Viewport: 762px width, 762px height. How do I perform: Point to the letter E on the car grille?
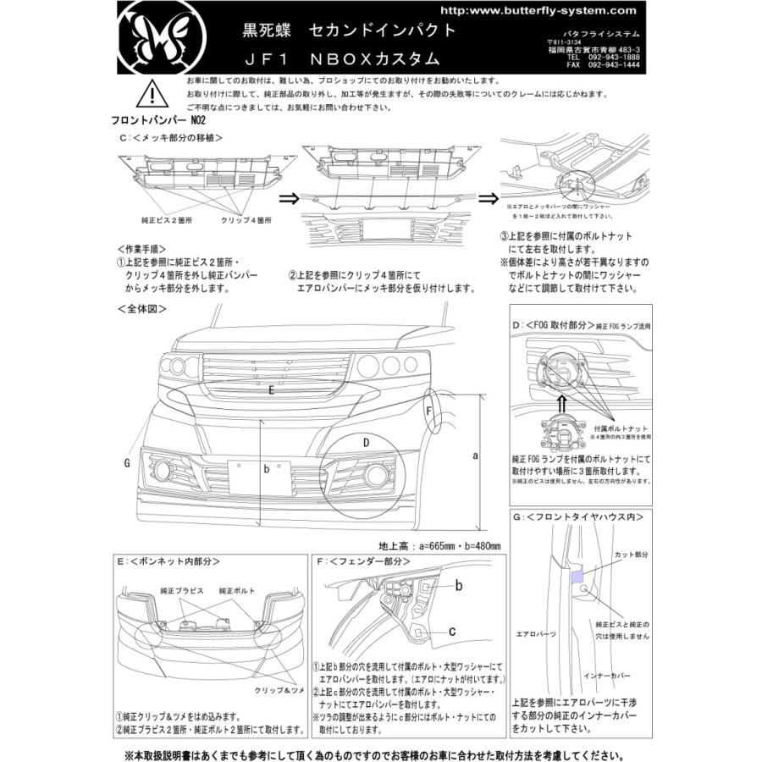269,391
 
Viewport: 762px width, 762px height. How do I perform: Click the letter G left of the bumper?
126,463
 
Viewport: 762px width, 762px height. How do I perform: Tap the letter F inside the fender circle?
429,412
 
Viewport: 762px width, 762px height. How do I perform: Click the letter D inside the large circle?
365,442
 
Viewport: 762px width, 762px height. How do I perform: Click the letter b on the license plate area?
266,467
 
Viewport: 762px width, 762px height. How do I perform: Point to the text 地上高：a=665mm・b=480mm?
440,545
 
